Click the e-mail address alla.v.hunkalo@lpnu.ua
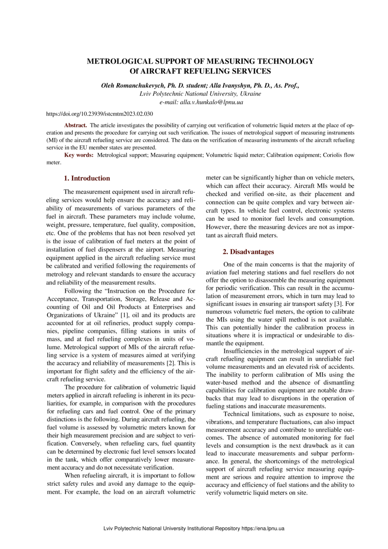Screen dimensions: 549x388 click(x=211, y=102)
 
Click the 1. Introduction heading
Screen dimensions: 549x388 click(x=87, y=178)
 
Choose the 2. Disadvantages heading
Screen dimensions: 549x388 click(x=248, y=252)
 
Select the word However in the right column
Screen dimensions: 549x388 click(x=218, y=227)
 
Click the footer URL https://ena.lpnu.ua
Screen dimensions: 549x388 click(x=263, y=529)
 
